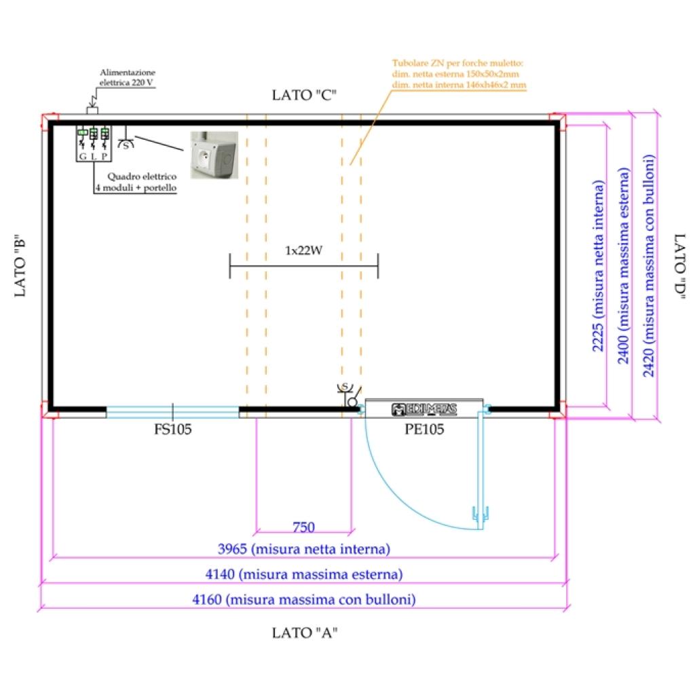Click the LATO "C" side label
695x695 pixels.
pos(305,95)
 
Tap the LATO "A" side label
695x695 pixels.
pos(305,633)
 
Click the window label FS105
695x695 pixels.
pos(172,429)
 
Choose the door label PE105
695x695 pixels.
pos(424,429)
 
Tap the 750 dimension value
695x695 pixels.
pos(303,527)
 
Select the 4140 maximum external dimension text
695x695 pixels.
pos(304,574)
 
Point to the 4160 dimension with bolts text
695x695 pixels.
pos(304,600)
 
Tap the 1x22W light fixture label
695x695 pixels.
pos(303,250)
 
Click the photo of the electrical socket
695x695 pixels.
pos(214,155)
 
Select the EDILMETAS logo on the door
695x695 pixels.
pos(424,409)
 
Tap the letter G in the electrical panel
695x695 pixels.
pos(82,156)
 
